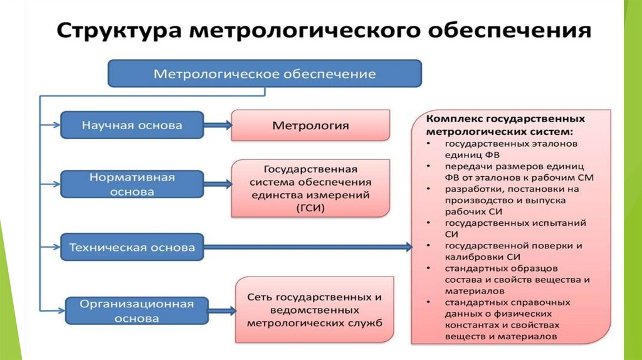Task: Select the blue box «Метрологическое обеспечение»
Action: tap(265, 74)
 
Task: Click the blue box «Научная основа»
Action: tap(132, 125)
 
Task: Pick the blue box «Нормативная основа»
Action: tap(132, 184)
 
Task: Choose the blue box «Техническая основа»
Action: tap(132, 247)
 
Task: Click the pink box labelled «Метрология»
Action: tap(310, 125)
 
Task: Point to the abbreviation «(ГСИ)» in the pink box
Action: tap(311, 208)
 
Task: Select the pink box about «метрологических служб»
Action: tap(315, 310)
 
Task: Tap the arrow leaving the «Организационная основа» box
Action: tap(222, 310)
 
